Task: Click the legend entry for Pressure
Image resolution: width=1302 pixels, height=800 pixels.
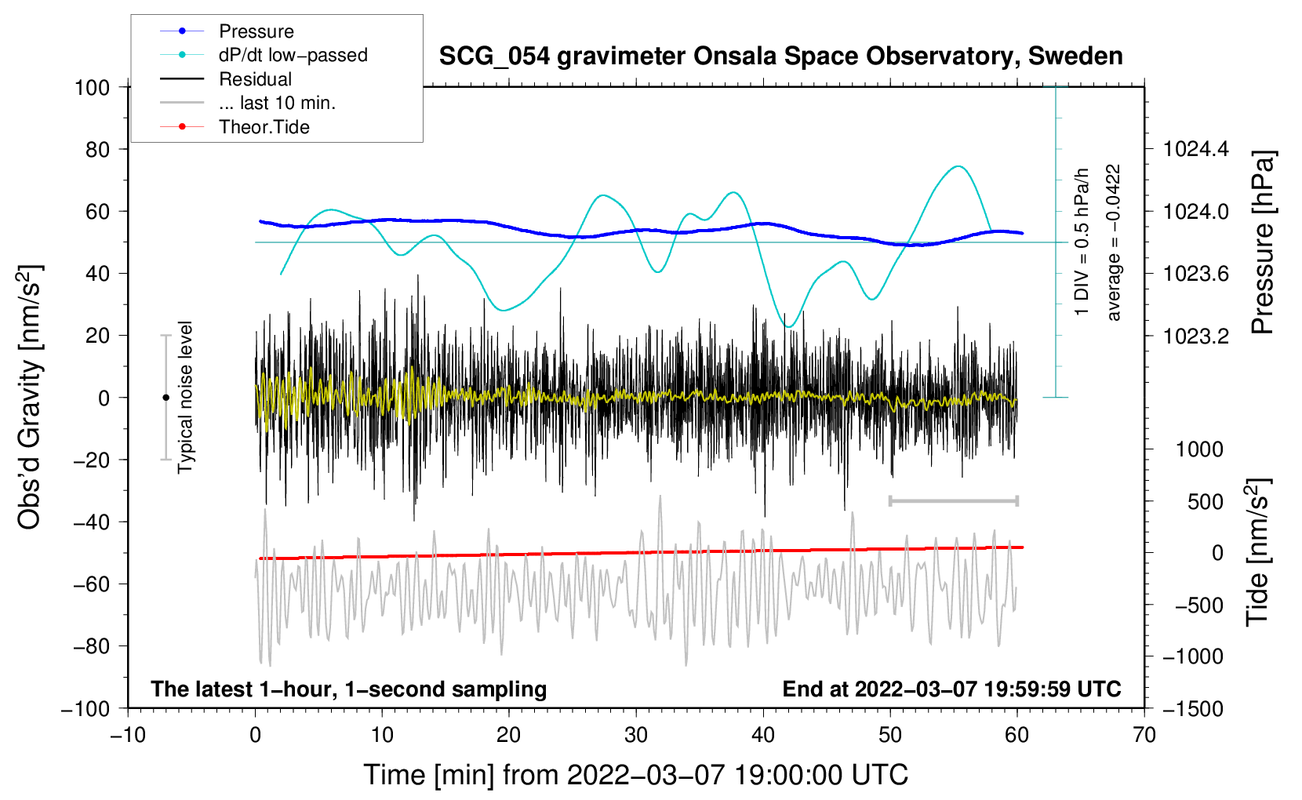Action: click(256, 31)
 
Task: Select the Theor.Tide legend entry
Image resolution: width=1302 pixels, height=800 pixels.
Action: click(264, 127)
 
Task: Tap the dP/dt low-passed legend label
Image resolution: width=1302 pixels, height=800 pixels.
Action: click(293, 55)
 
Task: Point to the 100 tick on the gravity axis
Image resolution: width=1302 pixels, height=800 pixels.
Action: click(92, 87)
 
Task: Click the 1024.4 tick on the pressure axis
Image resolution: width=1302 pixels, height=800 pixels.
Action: click(1196, 149)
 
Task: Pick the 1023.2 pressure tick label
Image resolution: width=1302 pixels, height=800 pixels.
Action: click(1196, 336)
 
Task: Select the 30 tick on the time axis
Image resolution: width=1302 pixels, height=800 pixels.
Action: click(636, 735)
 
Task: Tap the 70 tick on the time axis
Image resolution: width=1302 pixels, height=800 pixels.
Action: click(1144, 735)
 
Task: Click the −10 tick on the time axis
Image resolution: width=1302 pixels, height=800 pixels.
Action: click(128, 735)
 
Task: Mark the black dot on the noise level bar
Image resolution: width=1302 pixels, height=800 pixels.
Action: click(165, 398)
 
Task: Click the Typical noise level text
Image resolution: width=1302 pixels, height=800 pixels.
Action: click(185, 397)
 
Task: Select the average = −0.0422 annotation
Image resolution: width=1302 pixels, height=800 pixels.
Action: click(1114, 242)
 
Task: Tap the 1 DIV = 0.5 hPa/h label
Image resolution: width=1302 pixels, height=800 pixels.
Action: click(1082, 242)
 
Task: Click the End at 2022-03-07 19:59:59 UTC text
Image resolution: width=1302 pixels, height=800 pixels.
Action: click(951, 689)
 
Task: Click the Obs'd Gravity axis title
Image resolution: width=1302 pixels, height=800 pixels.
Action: click(30, 397)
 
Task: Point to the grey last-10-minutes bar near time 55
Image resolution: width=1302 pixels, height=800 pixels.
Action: click(953, 500)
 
